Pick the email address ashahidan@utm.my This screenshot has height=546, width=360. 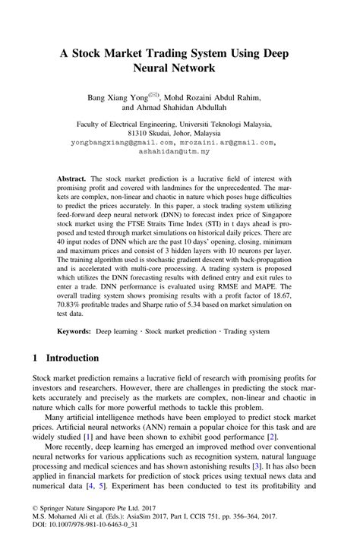[x=179, y=151]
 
